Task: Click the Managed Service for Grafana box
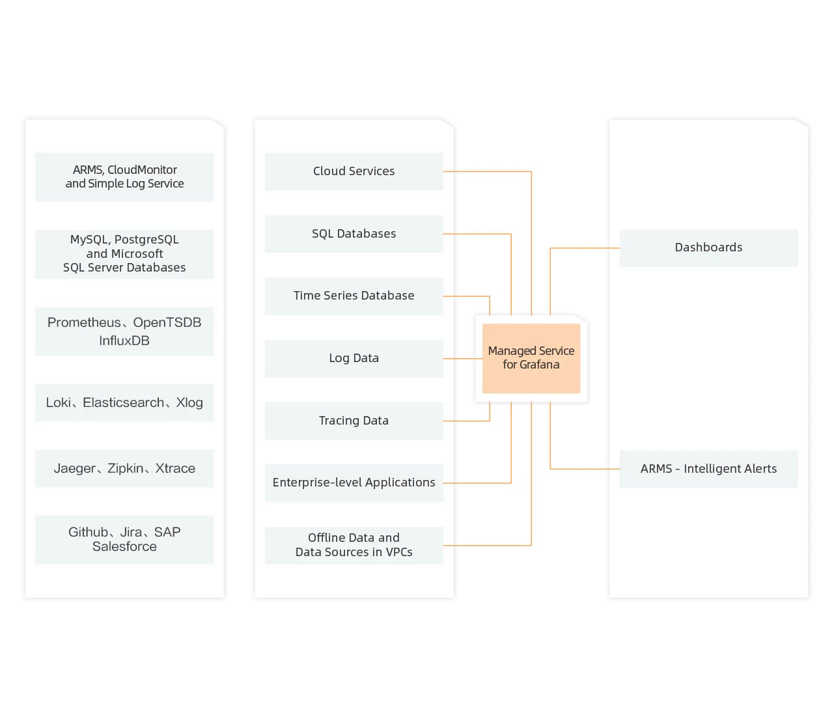(x=531, y=358)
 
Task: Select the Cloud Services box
(x=354, y=171)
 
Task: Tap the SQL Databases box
(x=354, y=234)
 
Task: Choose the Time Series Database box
(x=354, y=296)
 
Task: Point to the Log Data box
(x=354, y=358)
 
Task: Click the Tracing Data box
(x=354, y=421)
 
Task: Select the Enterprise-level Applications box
(x=354, y=483)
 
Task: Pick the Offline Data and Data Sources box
(x=354, y=545)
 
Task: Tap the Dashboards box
(x=708, y=247)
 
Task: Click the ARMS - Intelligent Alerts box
(x=708, y=469)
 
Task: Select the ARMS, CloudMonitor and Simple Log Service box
(x=124, y=177)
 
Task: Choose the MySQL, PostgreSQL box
(x=124, y=254)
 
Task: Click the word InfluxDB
(x=124, y=341)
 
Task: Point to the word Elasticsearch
(x=124, y=402)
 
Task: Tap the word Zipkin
(x=125, y=468)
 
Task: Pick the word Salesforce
(x=124, y=547)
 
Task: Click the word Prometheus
(x=84, y=322)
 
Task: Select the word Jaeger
(x=75, y=468)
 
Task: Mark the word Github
(x=88, y=532)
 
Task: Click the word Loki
(x=58, y=402)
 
